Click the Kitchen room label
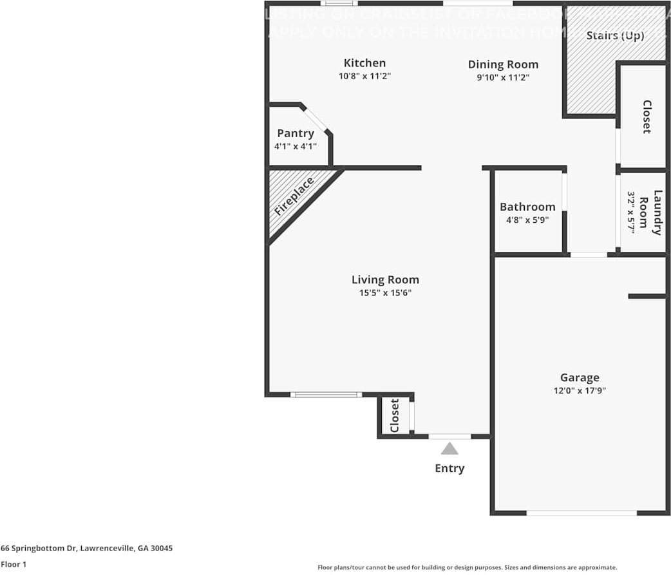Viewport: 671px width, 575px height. pos(364,63)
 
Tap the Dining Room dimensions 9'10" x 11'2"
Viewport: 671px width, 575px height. pos(503,77)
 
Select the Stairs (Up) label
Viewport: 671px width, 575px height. pos(615,35)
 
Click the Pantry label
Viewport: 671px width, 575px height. pos(296,133)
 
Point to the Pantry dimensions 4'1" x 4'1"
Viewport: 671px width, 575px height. pos(296,146)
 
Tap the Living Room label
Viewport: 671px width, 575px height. pos(385,279)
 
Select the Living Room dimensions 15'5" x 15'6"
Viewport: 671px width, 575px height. pos(385,293)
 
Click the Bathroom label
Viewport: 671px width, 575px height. pos(527,207)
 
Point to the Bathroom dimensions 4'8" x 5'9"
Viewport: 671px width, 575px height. pos(527,220)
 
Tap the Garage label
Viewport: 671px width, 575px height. pos(580,377)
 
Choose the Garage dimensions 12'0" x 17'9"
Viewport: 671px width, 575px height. pos(580,390)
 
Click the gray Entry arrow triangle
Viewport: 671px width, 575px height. pos(449,448)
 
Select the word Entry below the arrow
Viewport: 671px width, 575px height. pos(449,468)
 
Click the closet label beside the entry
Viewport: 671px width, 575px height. pos(395,415)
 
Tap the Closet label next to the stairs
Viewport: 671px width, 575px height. pos(647,117)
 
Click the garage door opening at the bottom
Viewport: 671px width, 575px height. pos(581,513)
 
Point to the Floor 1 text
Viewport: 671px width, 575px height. pos(14,564)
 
